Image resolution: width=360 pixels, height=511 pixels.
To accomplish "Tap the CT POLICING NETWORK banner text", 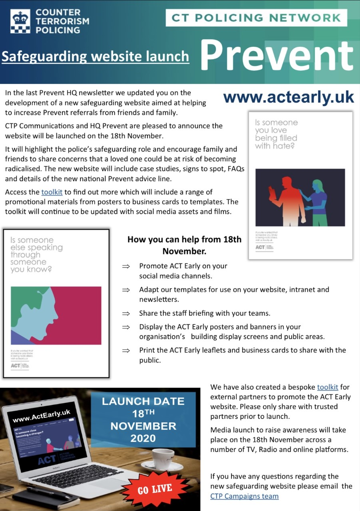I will tap(256, 18).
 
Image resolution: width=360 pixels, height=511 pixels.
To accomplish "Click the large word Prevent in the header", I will tap(277, 55).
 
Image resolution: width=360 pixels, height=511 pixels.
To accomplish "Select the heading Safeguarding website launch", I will tap(95, 56).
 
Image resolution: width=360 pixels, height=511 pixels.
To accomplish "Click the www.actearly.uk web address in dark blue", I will tap(288, 97).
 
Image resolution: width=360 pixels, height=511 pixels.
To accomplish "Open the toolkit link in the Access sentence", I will tap(52, 192).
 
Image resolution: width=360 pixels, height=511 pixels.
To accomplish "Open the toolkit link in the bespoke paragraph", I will tap(328, 387).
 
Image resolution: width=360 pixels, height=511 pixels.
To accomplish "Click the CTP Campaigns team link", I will tap(245, 496).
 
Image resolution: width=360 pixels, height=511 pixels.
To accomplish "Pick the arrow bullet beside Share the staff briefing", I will tap(126, 313).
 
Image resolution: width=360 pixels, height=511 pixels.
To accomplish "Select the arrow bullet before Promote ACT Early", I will tap(126, 266).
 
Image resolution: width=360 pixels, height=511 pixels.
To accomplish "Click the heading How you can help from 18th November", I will tap(184, 245).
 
